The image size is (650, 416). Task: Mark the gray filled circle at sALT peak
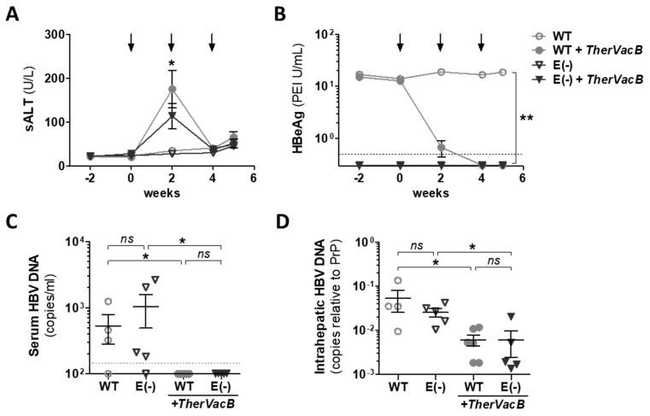pos(172,89)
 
